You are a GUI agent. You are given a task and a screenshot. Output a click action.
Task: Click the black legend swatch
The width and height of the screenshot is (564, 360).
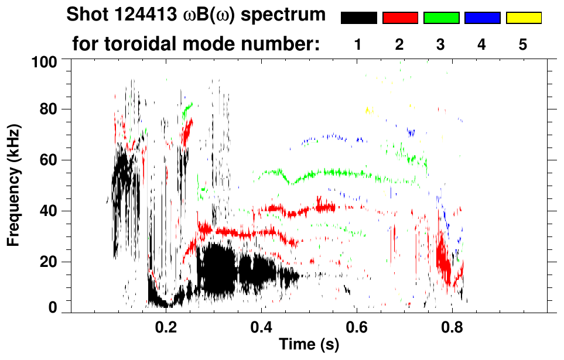[358, 18]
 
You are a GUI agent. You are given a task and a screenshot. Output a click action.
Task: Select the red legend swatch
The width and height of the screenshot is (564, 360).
[400, 18]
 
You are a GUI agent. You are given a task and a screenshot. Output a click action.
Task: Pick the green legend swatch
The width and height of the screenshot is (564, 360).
[441, 18]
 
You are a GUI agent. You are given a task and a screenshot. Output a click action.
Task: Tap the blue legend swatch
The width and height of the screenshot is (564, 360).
[482, 18]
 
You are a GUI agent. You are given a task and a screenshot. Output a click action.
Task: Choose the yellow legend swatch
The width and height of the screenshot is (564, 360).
[523, 18]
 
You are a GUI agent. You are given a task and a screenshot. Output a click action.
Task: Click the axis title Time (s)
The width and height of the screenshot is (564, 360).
[308, 345]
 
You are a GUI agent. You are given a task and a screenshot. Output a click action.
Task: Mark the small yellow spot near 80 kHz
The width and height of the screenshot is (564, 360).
[368, 109]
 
